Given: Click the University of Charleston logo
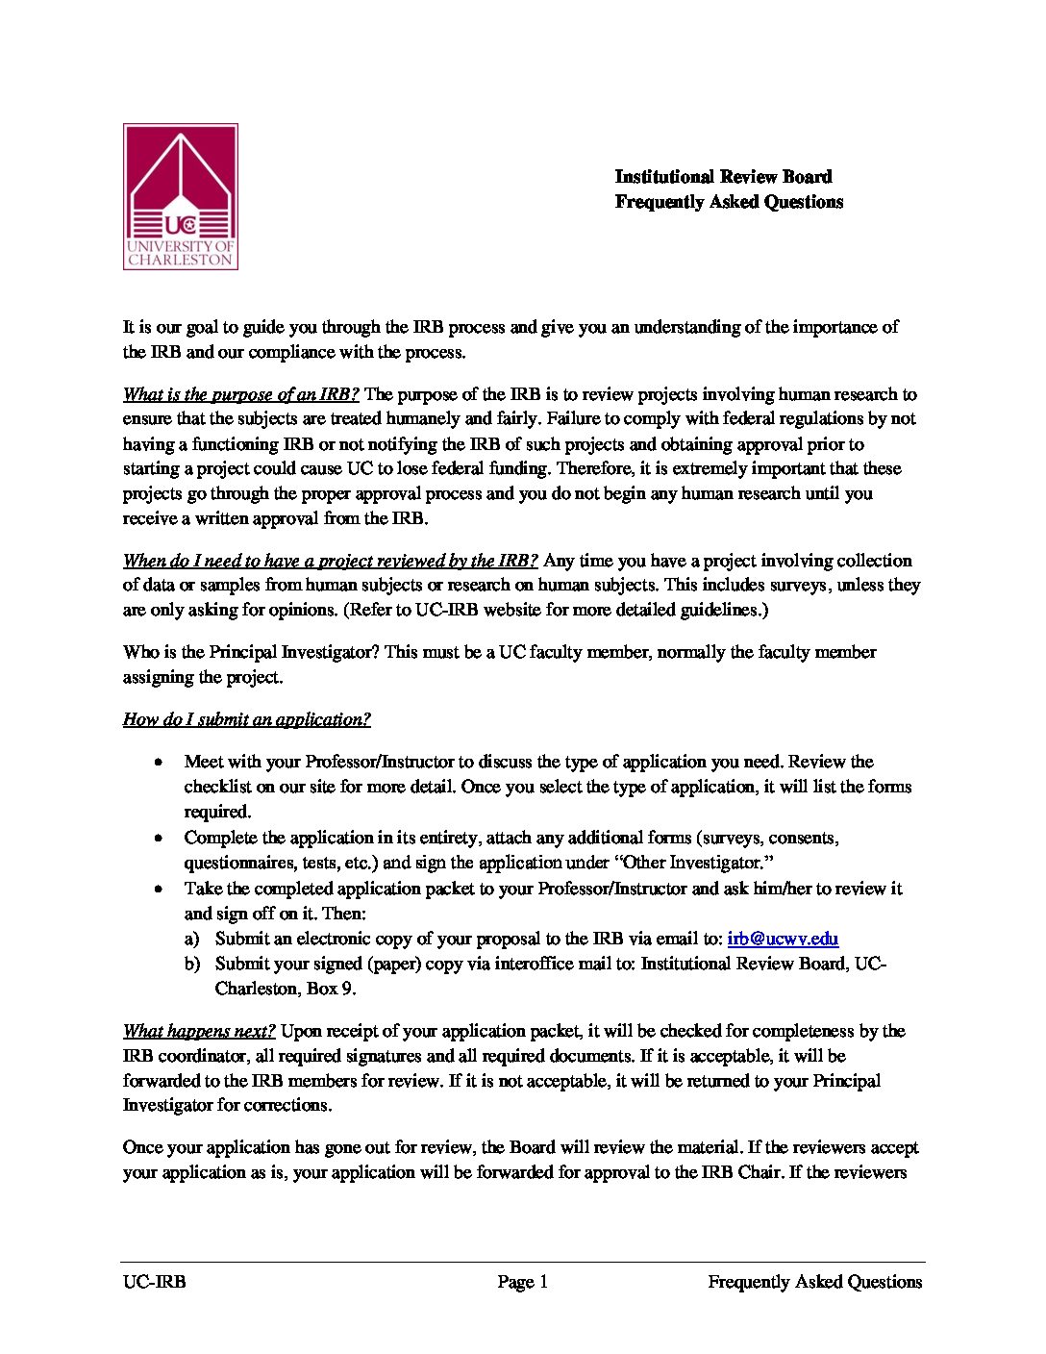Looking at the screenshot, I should (181, 196).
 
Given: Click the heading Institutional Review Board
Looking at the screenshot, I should (723, 176).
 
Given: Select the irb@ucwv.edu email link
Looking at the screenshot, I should (783, 939).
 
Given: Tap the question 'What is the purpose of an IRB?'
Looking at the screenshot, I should (240, 394).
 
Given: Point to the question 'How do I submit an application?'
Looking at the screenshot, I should (246, 719).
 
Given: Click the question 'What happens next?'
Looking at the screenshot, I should (199, 1031).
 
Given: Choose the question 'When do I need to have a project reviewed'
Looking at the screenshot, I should (330, 561).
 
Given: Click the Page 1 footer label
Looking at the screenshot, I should (522, 1281).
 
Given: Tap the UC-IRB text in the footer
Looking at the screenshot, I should (154, 1281).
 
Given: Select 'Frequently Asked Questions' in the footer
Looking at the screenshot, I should (814, 1281).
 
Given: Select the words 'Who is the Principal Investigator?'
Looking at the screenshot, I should (251, 652).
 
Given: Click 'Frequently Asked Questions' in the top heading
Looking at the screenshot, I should (729, 202).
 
